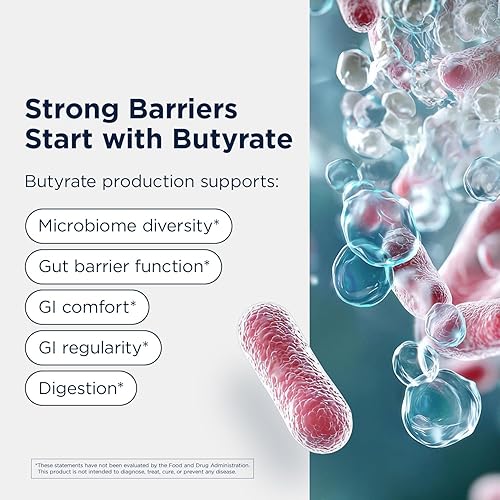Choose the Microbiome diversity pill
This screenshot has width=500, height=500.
tap(129, 226)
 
